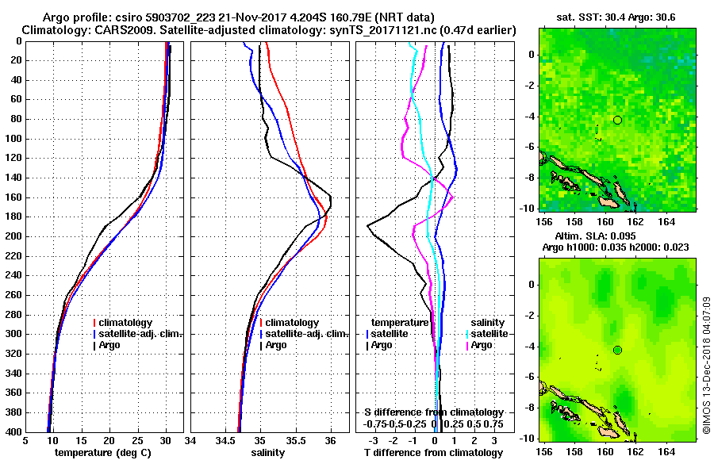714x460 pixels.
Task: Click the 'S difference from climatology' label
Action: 434,412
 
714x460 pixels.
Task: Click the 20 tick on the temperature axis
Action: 109,441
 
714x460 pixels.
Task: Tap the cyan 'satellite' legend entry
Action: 486,334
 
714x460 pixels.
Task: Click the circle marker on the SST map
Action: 617,120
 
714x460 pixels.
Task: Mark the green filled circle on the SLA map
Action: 617,350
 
